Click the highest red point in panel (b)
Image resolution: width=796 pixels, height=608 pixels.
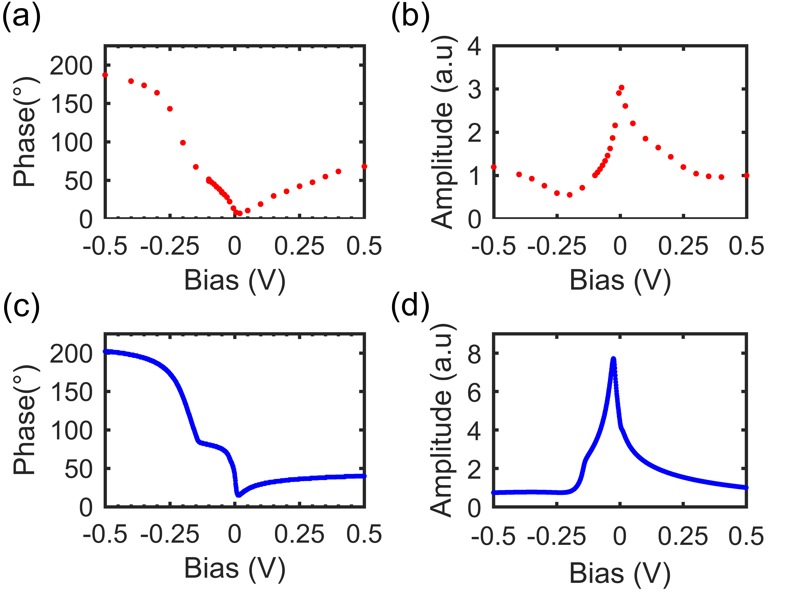(x=621, y=88)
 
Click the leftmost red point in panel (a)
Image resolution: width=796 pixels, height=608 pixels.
(x=105, y=75)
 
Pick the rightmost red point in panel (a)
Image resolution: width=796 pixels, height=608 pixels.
(x=364, y=166)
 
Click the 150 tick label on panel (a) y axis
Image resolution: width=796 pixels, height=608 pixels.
(x=71, y=105)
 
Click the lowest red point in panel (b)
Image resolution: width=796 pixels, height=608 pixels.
(x=570, y=195)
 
